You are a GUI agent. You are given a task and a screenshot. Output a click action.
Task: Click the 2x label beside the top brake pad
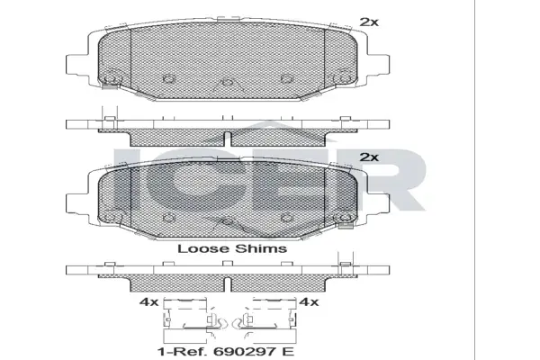coord(369,22)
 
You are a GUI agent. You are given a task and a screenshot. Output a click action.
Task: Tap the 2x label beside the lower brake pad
coord(369,157)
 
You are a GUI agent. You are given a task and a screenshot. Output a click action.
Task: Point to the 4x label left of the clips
coord(148,302)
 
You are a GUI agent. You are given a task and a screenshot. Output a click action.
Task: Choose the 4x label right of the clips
coord(309,302)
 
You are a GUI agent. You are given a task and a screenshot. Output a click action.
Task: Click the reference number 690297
coord(245,352)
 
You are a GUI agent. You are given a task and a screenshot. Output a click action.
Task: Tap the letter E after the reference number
coord(288,352)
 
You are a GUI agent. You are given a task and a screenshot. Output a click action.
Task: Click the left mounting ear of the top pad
coord(76,65)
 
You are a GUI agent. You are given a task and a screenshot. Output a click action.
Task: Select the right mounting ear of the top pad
coord(378,65)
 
